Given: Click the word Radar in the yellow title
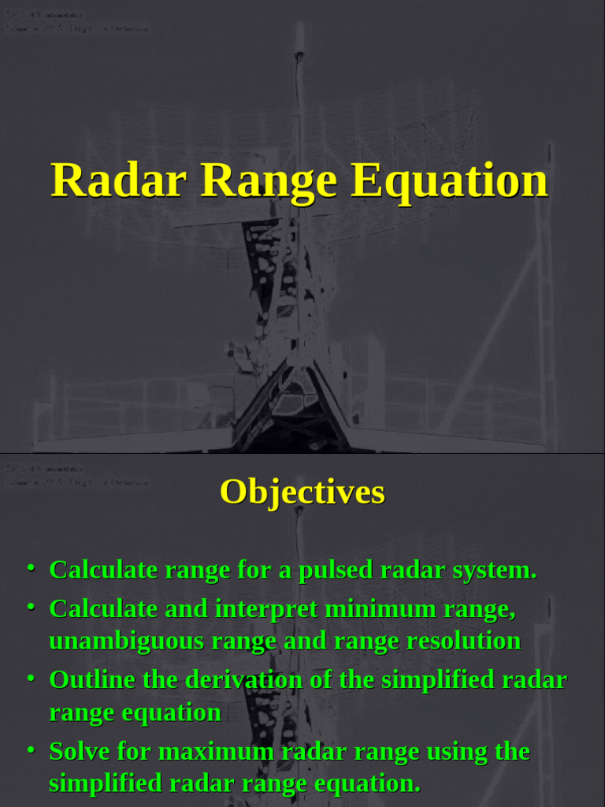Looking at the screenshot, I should point(119,180).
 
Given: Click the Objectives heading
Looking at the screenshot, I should point(302,492).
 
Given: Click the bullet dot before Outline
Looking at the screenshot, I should point(31,678).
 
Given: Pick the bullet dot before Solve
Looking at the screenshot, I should point(31,749).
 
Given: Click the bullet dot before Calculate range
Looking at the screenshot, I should point(31,567).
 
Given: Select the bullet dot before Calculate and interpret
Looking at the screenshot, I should point(31,607).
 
